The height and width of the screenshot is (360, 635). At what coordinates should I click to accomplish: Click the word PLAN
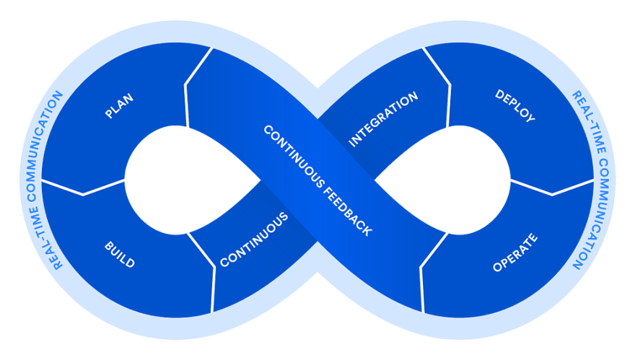[119, 106]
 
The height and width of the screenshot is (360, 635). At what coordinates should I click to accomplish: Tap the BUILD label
[120, 255]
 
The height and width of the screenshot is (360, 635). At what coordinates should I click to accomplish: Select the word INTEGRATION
[383, 119]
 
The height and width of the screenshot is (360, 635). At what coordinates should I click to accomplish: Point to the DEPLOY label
[515, 106]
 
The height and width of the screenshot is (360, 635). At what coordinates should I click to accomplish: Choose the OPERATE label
[515, 253]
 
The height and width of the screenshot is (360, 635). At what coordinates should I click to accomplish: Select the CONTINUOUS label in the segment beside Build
[254, 240]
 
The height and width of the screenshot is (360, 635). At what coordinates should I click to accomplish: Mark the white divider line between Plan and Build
[83, 188]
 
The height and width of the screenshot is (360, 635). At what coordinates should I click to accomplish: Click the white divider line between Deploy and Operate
[552, 188]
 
